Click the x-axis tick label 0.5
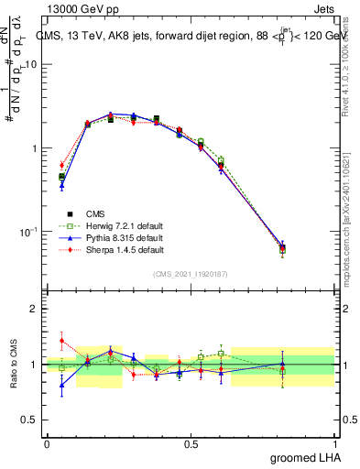(191, 443)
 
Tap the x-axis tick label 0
(47, 443)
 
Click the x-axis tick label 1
(336, 443)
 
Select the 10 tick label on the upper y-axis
(31, 65)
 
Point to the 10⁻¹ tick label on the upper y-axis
(29, 231)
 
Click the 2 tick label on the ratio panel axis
(35, 309)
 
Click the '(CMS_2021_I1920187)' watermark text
(191, 272)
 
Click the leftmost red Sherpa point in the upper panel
(61, 165)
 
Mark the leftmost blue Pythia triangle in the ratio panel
(61, 385)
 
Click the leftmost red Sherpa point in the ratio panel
(61, 340)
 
